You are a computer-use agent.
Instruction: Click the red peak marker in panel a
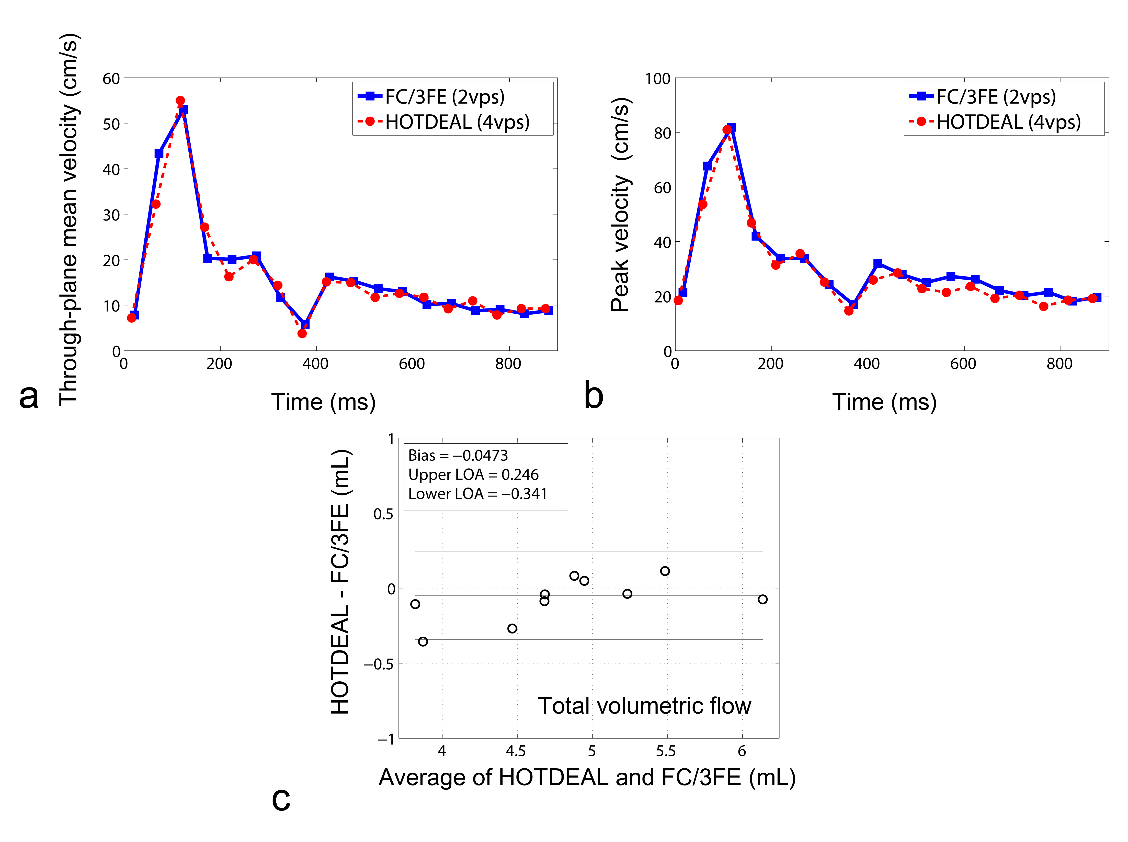click(x=180, y=101)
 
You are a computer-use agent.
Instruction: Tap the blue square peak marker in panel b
click(x=732, y=127)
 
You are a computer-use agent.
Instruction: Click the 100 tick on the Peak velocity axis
click(x=658, y=79)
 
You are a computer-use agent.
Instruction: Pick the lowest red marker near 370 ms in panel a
click(x=302, y=333)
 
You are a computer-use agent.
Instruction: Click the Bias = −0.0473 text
click(x=458, y=455)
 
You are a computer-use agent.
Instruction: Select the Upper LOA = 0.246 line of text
click(x=473, y=474)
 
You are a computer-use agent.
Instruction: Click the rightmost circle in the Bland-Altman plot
click(x=762, y=599)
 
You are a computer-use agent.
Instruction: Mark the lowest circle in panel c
click(x=423, y=641)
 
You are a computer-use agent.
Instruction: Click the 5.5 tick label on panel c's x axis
click(x=666, y=751)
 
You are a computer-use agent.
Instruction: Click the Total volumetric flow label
click(x=644, y=706)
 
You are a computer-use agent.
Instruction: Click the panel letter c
click(x=281, y=799)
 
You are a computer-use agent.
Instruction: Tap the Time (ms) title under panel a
click(x=323, y=402)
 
